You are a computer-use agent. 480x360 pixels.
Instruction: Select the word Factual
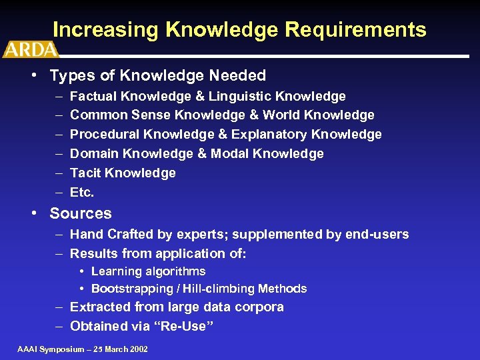pos(93,97)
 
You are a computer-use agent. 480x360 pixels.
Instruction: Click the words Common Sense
pos(111,115)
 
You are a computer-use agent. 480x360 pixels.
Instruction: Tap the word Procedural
pos(103,135)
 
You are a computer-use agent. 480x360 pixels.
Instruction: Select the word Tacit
pos(85,173)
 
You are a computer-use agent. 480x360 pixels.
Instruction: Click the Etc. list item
pos(82,193)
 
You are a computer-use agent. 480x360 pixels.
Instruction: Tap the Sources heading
pos(81,214)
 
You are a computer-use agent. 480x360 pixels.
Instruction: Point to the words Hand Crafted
pos(107,235)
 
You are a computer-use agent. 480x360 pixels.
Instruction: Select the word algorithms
pos(172,271)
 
